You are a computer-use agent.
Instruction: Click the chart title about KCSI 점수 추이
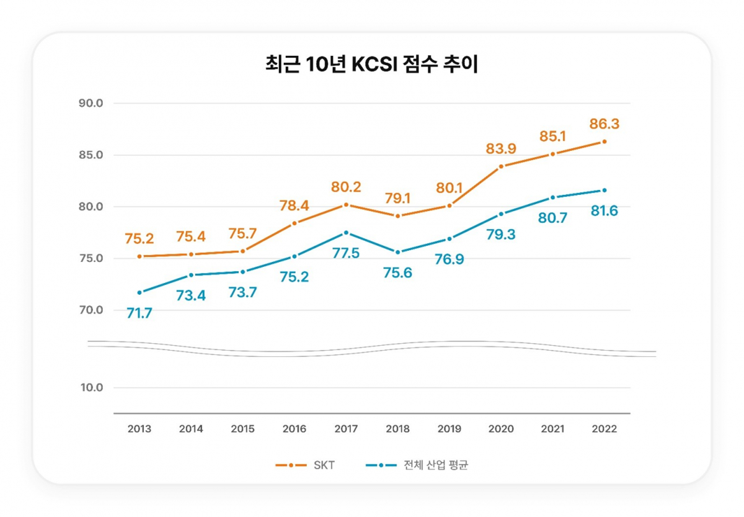(x=371, y=65)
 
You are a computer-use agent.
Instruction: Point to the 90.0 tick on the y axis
(x=91, y=103)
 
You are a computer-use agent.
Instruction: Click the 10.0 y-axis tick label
(x=91, y=388)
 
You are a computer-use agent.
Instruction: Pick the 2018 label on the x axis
(x=397, y=429)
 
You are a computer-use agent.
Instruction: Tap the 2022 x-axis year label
(x=604, y=429)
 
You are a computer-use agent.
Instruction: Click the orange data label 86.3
(x=604, y=124)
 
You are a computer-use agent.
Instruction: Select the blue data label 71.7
(x=139, y=313)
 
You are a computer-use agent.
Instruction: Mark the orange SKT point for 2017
(x=346, y=204)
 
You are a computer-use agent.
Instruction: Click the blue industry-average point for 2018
(x=397, y=252)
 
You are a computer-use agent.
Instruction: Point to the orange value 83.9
(x=501, y=149)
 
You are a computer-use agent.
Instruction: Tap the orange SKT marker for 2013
(x=139, y=256)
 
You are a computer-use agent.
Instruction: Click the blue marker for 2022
(x=604, y=190)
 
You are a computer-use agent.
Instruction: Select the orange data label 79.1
(x=397, y=199)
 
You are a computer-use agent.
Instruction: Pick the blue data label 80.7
(x=552, y=218)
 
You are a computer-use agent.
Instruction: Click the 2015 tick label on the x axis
(x=242, y=429)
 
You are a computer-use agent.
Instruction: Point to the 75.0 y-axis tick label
(x=91, y=258)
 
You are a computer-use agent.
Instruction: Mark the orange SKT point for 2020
(x=501, y=166)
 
